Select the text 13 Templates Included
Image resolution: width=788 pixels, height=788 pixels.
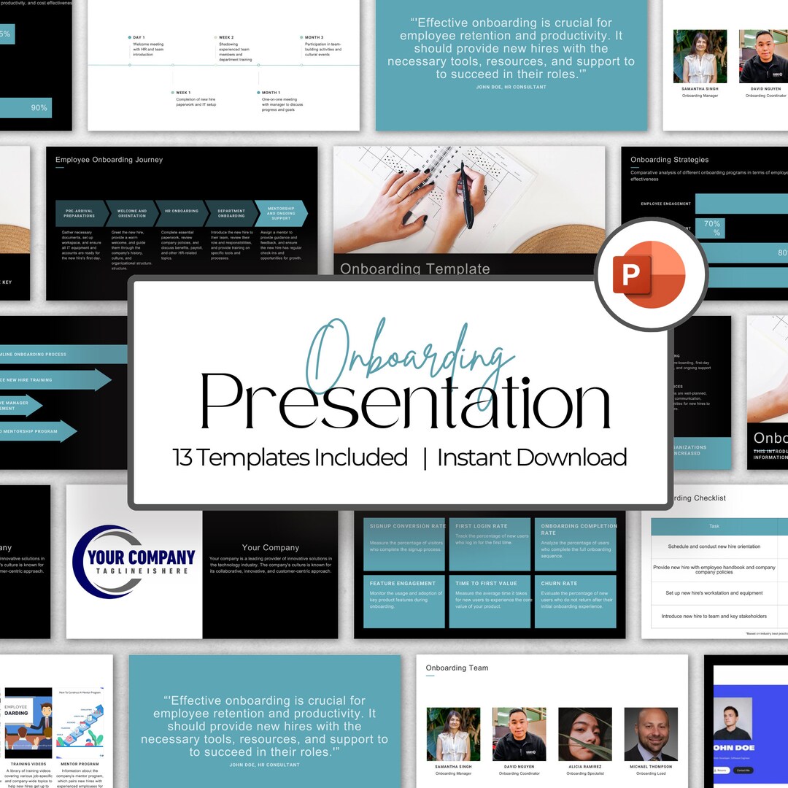[x=290, y=457]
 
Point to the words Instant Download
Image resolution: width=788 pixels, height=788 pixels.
[x=532, y=457]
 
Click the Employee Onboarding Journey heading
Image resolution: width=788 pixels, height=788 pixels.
[x=109, y=160]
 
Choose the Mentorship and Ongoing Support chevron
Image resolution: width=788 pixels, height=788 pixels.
[x=280, y=213]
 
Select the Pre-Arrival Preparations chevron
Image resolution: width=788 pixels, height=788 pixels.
[x=79, y=213]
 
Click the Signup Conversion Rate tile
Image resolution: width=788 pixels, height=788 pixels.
[x=406, y=544]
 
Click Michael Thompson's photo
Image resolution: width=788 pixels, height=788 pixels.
[x=650, y=734]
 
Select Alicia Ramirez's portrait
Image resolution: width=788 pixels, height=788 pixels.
[x=584, y=734]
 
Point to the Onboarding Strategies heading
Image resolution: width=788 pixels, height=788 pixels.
[x=669, y=160]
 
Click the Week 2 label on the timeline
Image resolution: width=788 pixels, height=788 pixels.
[x=226, y=37]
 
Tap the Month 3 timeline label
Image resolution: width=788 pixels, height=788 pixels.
[x=314, y=37]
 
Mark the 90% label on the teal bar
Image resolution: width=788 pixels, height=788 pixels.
[x=39, y=108]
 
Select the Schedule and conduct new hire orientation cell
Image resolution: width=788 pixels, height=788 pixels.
[x=714, y=546]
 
